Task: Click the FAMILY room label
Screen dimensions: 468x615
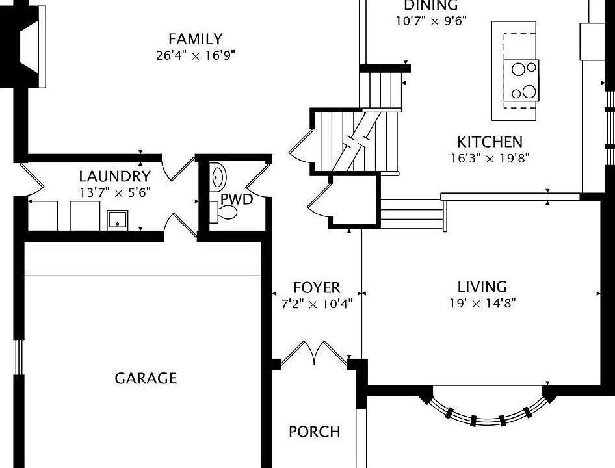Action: (195, 39)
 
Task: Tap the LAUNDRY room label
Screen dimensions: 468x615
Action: (114, 176)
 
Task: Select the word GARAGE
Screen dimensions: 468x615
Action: (146, 378)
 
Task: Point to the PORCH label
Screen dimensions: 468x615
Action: (314, 432)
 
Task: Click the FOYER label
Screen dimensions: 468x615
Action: (316, 288)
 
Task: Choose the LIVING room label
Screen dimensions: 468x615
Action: (482, 287)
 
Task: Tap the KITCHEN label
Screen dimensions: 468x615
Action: (490, 142)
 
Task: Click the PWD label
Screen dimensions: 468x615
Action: (236, 199)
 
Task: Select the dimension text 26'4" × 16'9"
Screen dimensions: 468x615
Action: (195, 55)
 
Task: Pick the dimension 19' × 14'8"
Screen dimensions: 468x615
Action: (482, 303)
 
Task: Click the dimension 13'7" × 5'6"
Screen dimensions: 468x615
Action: (114, 192)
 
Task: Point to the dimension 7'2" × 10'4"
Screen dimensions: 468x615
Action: (316, 304)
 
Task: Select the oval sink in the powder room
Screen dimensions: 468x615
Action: (218, 176)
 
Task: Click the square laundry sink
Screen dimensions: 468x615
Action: (118, 220)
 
